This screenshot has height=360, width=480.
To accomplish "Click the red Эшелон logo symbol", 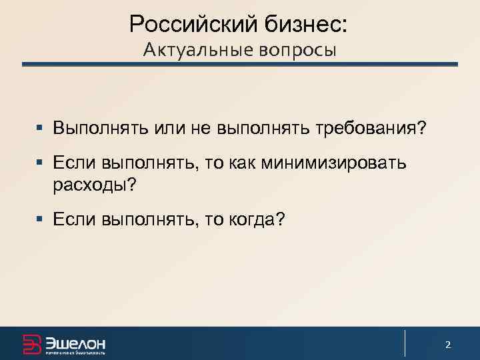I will [x=31, y=343].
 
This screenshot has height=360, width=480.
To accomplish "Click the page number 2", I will [x=448, y=345].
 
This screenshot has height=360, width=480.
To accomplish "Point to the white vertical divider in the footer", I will [x=405, y=343].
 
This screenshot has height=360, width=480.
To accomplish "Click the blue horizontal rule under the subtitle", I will [x=240, y=65].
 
